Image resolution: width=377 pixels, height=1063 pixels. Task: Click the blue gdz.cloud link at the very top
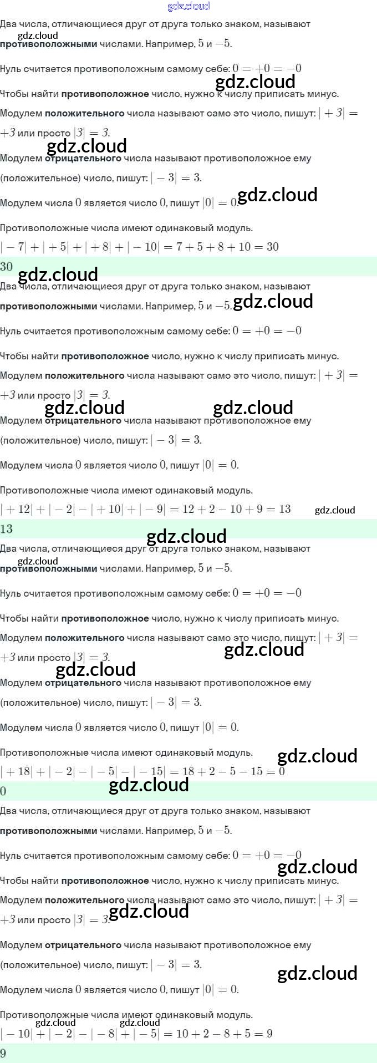tap(188, 6)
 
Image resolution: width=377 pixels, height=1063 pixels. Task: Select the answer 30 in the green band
tap(7, 267)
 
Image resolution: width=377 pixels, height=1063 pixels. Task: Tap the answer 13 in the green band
tap(7, 529)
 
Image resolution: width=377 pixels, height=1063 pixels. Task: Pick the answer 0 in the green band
tap(3, 791)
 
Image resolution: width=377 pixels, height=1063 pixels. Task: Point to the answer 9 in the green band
tap(3, 1054)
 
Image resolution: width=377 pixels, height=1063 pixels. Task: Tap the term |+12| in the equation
tap(17, 509)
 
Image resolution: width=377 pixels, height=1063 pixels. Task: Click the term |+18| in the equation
tap(17, 771)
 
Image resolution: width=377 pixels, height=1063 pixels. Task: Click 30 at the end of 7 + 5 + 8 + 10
tap(272, 247)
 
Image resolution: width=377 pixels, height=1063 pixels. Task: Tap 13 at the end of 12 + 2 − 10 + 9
tap(284, 509)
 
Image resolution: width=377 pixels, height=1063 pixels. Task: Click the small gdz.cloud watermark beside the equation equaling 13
tap(335, 510)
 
